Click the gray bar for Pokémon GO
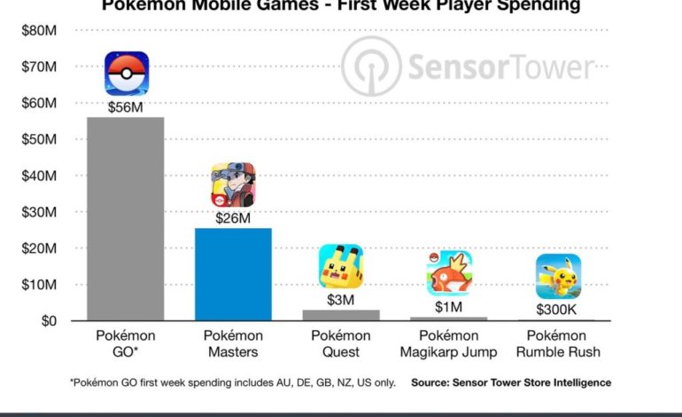[125, 218]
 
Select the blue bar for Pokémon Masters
[233, 273]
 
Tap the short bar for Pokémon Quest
[341, 315]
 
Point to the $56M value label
[126, 107]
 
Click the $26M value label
[233, 217]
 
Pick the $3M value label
[341, 300]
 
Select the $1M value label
[449, 307]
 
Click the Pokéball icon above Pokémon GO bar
[127, 74]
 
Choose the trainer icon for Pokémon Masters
[233, 185]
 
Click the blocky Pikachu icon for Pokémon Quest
[341, 266]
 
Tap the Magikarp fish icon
[449, 273]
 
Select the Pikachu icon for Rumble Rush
[558, 277]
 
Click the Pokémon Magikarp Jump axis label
[449, 344]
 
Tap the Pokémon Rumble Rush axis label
[558, 344]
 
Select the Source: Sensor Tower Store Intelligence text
[511, 382]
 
